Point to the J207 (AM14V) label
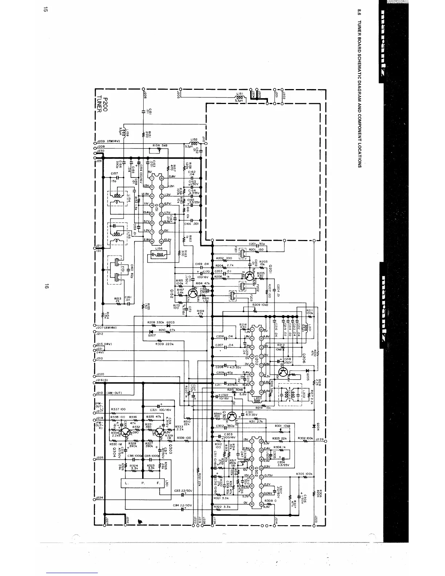[108, 328]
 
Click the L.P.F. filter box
[142, 483]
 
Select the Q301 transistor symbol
[233, 416]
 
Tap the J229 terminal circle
[325, 441]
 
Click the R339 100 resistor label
[184, 438]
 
